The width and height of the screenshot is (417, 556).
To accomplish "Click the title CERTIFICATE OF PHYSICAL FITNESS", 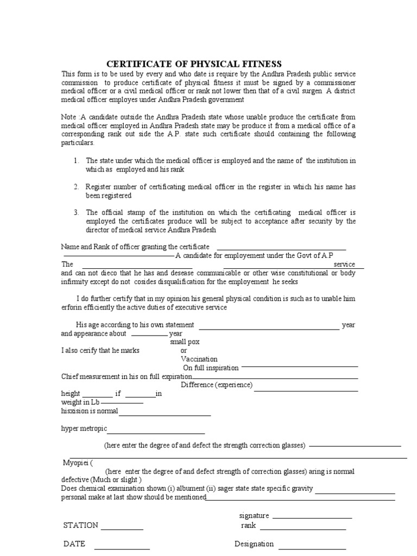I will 193,64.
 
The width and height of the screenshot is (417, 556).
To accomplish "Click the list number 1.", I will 77,161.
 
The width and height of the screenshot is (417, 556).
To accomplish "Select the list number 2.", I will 77,187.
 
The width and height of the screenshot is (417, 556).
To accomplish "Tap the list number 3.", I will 77,212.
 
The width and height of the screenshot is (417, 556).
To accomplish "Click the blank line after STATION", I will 122,528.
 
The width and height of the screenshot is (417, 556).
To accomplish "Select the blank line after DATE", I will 123,548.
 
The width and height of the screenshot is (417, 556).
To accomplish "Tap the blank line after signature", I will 312,518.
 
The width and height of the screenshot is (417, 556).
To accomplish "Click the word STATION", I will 81,525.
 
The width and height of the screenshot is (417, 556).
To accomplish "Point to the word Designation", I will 254,544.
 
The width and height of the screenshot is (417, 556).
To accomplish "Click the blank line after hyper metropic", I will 156,433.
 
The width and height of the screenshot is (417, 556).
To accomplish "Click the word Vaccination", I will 199,359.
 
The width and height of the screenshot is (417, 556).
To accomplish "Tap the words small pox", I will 185,342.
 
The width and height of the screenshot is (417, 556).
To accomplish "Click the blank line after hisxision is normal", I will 165,415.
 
